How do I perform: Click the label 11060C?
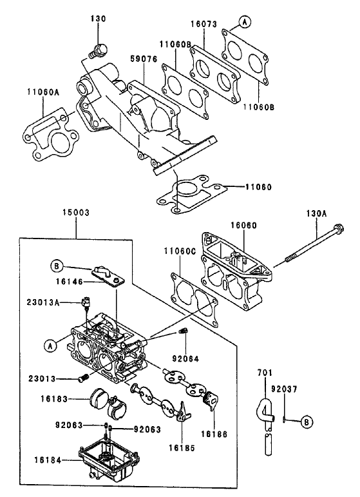coord(178,250)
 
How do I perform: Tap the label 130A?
coord(317,212)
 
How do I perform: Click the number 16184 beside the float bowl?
coord(50,460)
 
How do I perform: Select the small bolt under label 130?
coord(99,50)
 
